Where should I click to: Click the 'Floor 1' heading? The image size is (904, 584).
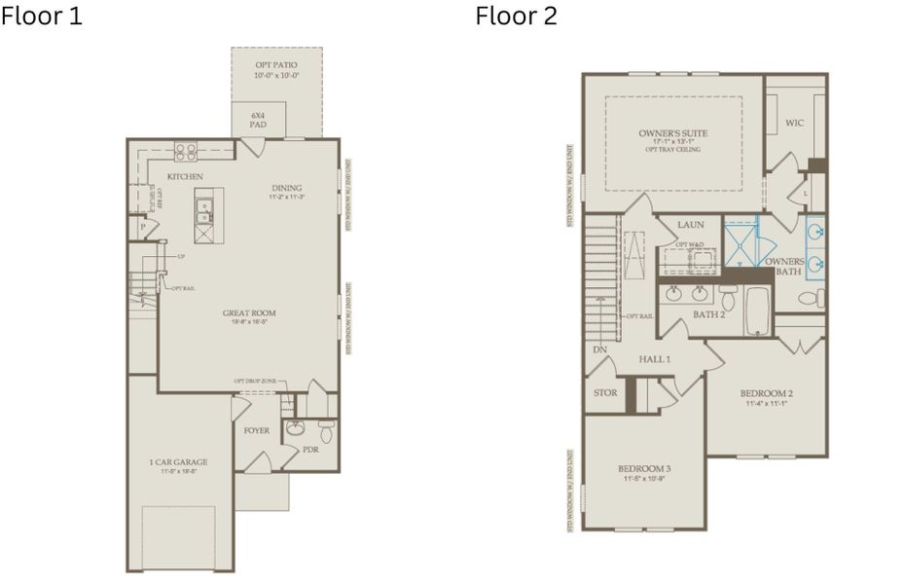(x=42, y=17)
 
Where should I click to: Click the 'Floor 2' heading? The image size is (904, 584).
(x=516, y=17)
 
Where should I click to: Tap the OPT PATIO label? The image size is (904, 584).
(x=276, y=65)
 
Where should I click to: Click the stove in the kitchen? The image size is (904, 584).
(x=185, y=152)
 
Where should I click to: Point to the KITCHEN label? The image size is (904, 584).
(x=184, y=176)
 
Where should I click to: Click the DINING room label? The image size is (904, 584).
(x=287, y=188)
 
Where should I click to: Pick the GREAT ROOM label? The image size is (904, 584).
(x=249, y=313)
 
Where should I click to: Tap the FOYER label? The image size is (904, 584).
(x=257, y=429)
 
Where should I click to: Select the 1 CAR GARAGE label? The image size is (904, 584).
(x=178, y=462)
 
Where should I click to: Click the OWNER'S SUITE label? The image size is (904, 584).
(x=672, y=133)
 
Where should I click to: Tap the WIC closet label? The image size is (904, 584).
(x=794, y=123)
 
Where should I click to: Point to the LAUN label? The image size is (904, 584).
(x=691, y=225)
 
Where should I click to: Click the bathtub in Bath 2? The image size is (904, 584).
(x=758, y=310)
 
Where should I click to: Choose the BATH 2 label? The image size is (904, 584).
(x=708, y=314)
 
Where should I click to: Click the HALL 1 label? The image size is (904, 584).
(x=654, y=359)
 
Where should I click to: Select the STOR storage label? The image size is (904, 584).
(x=604, y=393)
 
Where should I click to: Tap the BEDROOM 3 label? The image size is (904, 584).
(x=644, y=469)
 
